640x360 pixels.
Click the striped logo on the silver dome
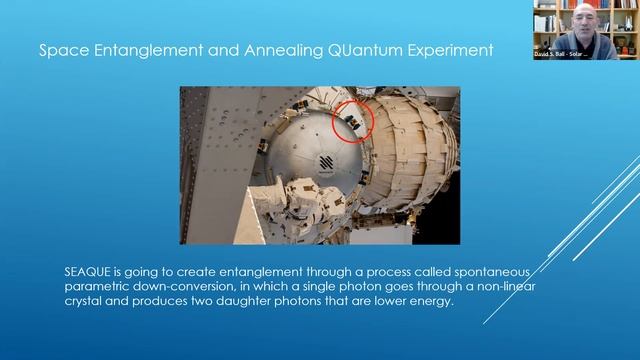pyautogui.click(x=325, y=164)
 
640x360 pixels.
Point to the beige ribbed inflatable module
pyautogui.click(x=410, y=150)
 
